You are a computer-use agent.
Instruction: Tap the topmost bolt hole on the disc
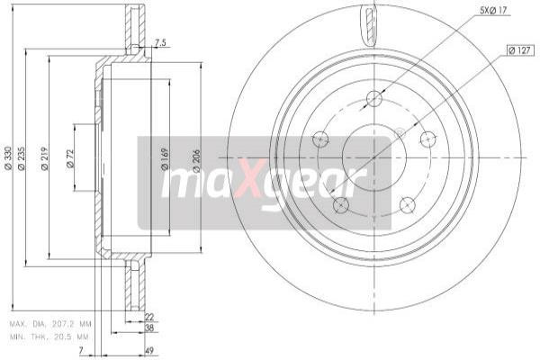pos(375,99)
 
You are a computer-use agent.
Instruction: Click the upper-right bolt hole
pos(427,139)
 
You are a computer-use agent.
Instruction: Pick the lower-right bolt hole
pos(407,203)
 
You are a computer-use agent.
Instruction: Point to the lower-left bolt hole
pos(340,204)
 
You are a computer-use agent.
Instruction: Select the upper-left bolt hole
pos(319,139)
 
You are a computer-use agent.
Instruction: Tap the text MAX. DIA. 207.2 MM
pos(50,322)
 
